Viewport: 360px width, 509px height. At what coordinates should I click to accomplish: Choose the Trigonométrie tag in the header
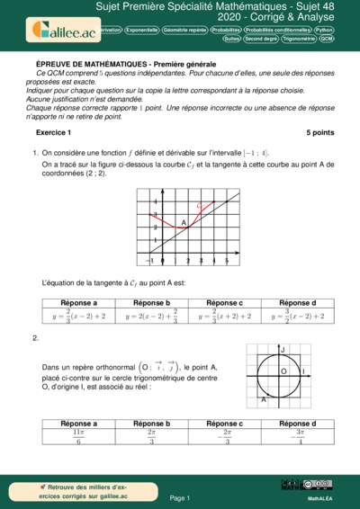coord(298,40)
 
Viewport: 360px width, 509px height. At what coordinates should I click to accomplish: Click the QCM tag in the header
coord(327,40)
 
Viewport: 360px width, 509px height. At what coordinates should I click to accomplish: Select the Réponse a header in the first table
coord(79,303)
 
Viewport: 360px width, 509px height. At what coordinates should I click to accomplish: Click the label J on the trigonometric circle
coord(283,348)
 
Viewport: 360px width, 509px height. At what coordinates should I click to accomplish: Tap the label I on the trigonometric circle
coord(303,371)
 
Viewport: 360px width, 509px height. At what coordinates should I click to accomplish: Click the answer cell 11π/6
coord(79,437)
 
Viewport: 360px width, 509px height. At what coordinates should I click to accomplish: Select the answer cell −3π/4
coord(296,437)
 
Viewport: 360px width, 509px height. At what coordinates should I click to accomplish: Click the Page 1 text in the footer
coord(179,497)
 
